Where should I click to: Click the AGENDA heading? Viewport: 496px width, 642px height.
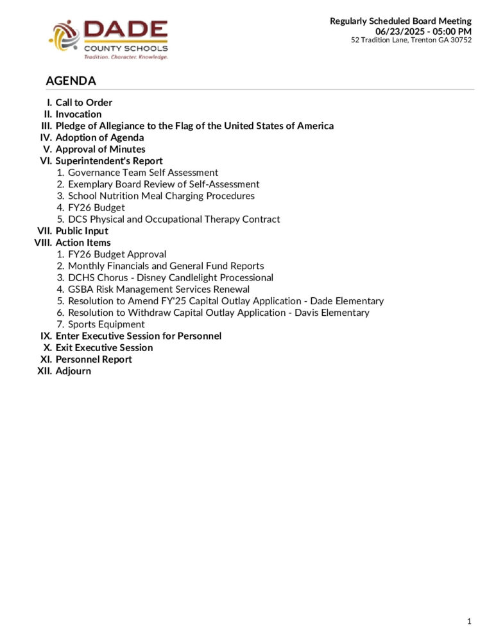[x=71, y=81]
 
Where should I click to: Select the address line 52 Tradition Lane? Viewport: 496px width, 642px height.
[x=411, y=40]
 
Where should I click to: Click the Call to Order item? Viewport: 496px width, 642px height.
[x=83, y=103]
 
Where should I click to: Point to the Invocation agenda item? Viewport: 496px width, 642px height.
[x=78, y=114]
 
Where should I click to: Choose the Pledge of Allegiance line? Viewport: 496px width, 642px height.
[x=194, y=126]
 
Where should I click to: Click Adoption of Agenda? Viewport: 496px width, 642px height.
[x=99, y=137]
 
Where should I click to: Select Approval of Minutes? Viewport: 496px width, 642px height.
[x=100, y=150]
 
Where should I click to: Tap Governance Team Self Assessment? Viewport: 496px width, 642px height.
[x=142, y=173]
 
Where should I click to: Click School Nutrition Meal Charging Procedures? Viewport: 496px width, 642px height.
[x=161, y=196]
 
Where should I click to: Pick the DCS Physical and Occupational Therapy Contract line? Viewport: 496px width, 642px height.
[x=174, y=220]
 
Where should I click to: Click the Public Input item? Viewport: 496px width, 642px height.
[x=81, y=231]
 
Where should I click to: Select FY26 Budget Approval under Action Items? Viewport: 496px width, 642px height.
[x=117, y=254]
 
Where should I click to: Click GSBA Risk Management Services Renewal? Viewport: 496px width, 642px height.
[x=158, y=290]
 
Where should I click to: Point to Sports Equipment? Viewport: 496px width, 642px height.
[x=106, y=324]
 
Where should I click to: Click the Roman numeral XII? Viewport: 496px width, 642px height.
[x=45, y=371]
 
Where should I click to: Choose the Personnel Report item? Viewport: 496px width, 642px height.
[x=94, y=360]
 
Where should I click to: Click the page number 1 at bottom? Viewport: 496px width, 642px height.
[x=469, y=621]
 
